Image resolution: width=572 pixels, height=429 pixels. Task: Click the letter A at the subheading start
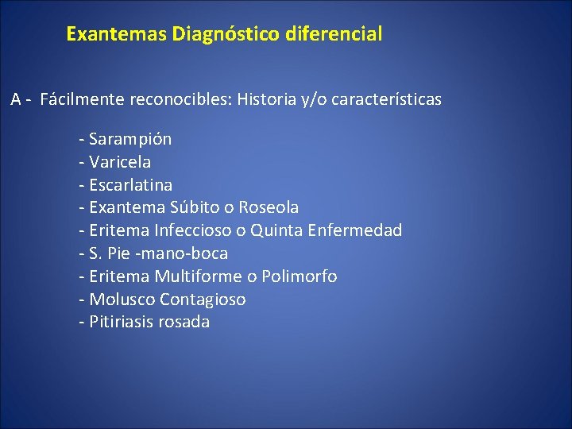[16, 100]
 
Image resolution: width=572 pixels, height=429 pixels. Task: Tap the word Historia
[269, 100]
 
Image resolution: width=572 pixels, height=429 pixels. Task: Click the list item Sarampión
[130, 139]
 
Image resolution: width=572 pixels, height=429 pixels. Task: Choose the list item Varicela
[120, 162]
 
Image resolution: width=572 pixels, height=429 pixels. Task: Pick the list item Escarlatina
[131, 185]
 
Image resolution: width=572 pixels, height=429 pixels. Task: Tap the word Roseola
[269, 207]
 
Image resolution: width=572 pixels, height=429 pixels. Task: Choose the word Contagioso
[203, 300]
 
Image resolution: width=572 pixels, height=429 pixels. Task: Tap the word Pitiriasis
[122, 322]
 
